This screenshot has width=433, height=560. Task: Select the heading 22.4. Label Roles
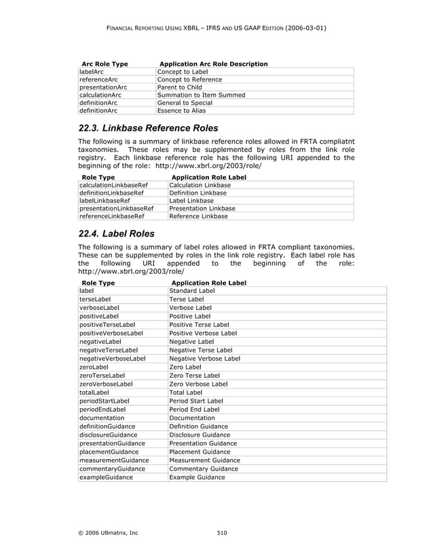coord(116,234)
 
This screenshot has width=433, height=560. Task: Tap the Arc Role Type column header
coord(105,64)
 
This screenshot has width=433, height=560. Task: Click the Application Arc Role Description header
coord(212,64)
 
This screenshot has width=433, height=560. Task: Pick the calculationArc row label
coord(100,95)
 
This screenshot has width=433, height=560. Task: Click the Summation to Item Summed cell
coord(201,95)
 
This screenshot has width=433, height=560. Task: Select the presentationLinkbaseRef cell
coord(116,208)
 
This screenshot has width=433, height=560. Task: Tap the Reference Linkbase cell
coord(198,216)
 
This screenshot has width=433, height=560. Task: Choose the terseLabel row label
coord(96,299)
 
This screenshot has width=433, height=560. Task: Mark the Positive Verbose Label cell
coord(203,333)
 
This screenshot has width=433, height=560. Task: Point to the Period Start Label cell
coord(196,401)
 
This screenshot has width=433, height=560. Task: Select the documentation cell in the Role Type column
coord(102,418)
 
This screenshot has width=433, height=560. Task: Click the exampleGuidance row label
coord(106,477)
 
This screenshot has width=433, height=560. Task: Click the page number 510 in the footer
coord(222,533)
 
